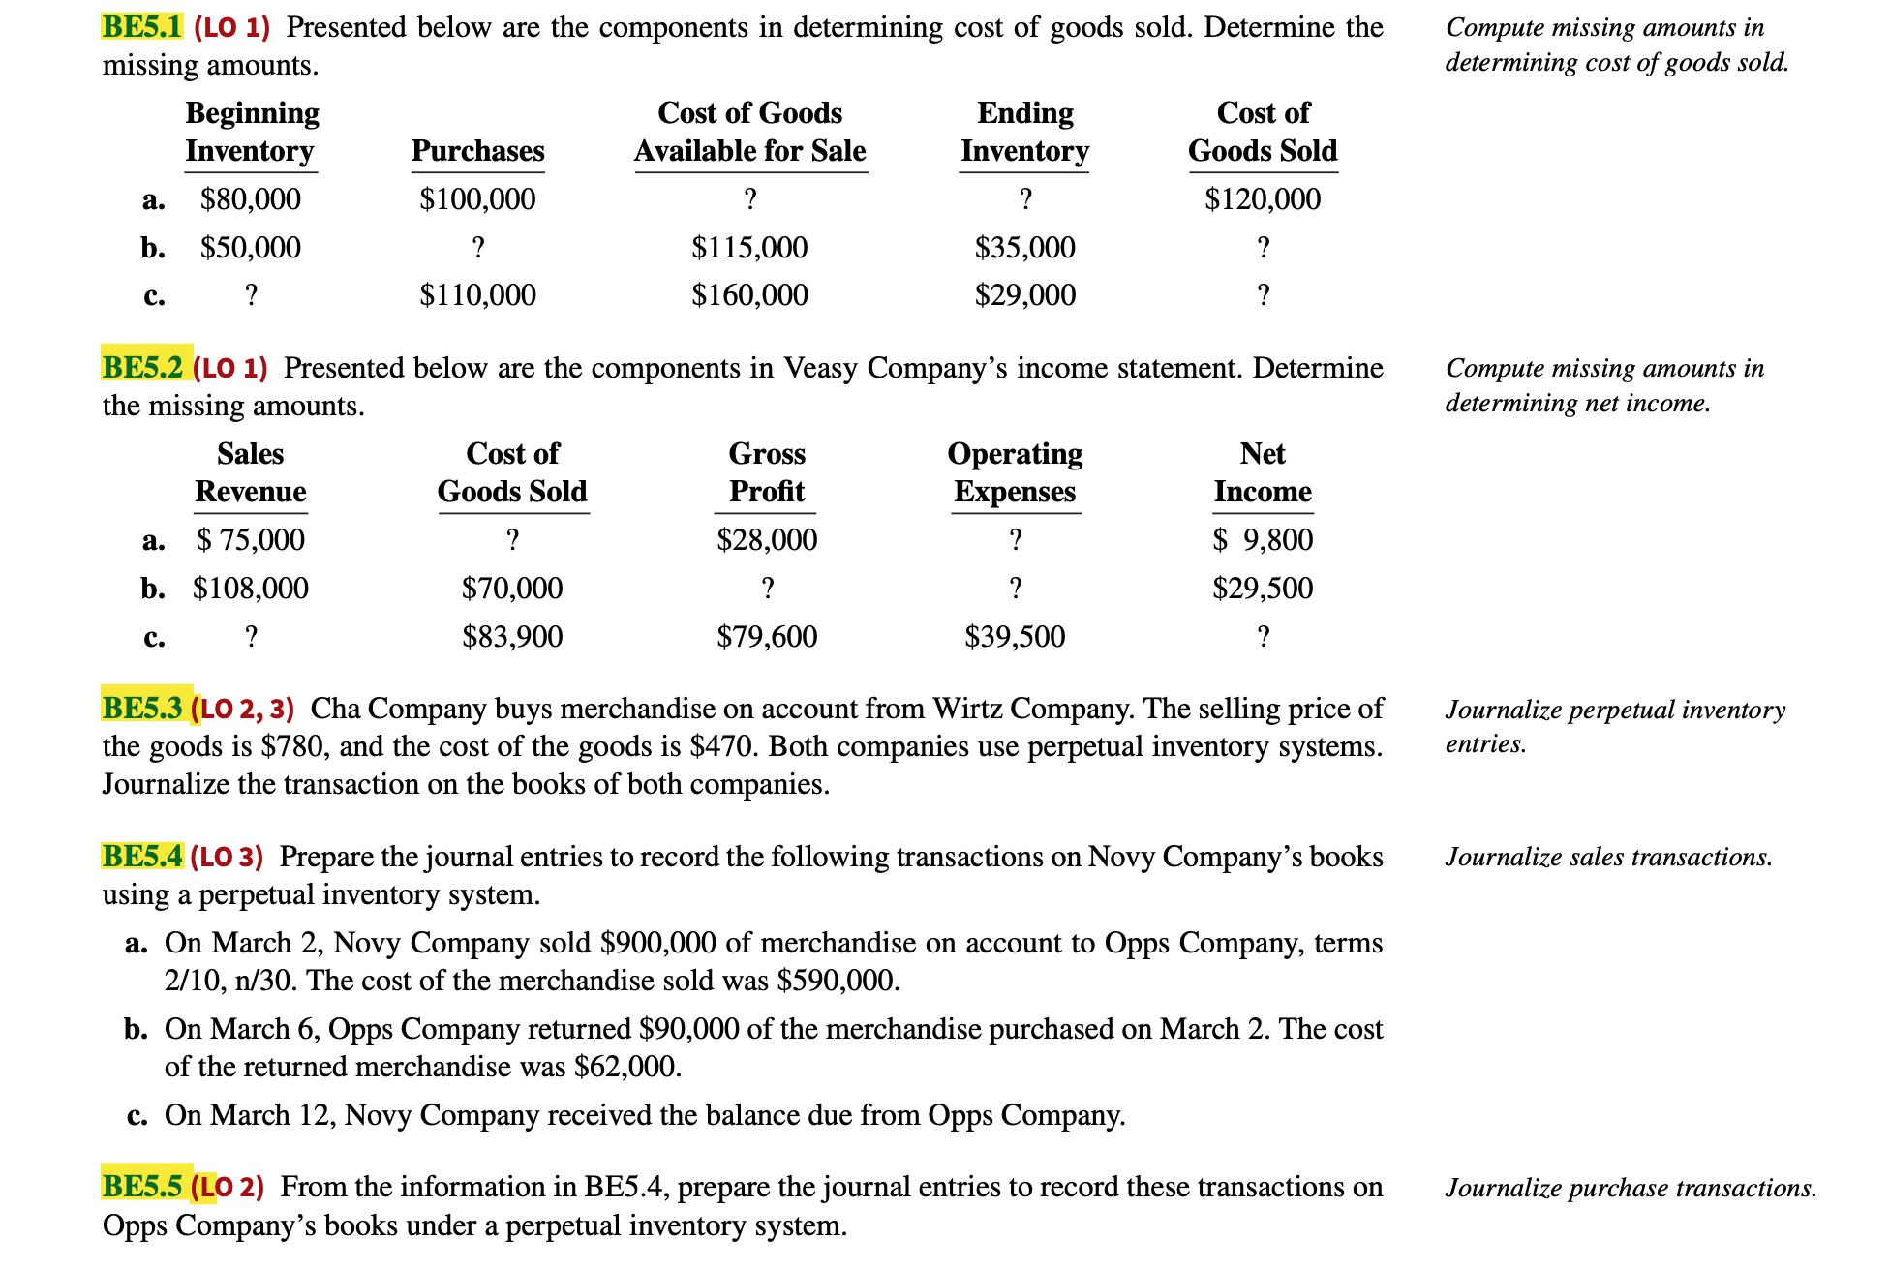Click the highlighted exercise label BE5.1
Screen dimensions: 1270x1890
click(x=141, y=27)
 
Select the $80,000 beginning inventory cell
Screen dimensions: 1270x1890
click(x=250, y=199)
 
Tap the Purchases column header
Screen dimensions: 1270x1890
click(x=477, y=151)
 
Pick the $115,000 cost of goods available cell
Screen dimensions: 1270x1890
click(x=749, y=248)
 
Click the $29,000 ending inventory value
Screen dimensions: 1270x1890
click(x=1024, y=295)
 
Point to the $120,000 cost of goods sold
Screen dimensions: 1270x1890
click(x=1262, y=199)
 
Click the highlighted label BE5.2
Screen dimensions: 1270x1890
click(x=143, y=368)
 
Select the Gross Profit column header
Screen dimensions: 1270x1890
click(x=766, y=472)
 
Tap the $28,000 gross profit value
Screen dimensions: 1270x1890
click(x=766, y=540)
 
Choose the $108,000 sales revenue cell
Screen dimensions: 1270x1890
click(x=250, y=589)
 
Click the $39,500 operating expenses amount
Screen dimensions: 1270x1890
click(x=1014, y=637)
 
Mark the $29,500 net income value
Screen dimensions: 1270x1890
click(x=1262, y=589)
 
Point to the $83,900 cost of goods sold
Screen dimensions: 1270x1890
click(x=511, y=637)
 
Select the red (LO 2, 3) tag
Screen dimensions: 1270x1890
click(x=243, y=710)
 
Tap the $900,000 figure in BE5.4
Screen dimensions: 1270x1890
click(x=657, y=943)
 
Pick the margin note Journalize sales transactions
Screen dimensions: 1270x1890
click(x=1607, y=858)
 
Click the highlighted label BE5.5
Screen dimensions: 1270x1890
click(x=142, y=1187)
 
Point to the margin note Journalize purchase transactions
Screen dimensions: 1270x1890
click(x=1630, y=1188)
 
